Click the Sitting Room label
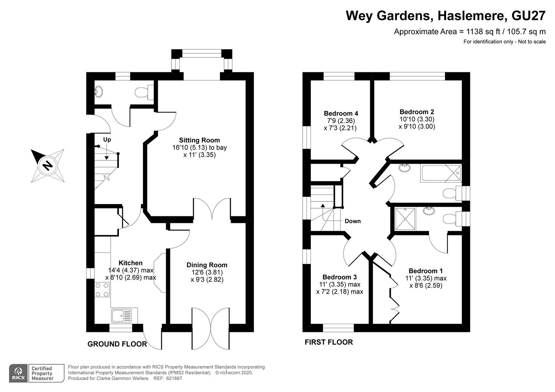pos(199,140)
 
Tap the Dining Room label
pos(207,265)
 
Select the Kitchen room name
pos(130,263)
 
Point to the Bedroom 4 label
pos(341,113)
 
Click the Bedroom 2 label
pos(417,112)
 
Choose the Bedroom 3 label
pos(340,277)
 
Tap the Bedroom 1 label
pos(426,271)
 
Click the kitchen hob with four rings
pos(102,290)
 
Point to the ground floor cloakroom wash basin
pos(98,92)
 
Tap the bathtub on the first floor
pos(441,173)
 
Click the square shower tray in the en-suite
pos(405,219)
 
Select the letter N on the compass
pos(48,165)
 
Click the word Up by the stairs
pos(107,139)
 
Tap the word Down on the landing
pos(353,221)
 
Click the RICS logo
pos(19,373)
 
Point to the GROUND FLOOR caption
pos(117,344)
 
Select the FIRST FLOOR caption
pos(329,342)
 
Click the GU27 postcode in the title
pos(528,16)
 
